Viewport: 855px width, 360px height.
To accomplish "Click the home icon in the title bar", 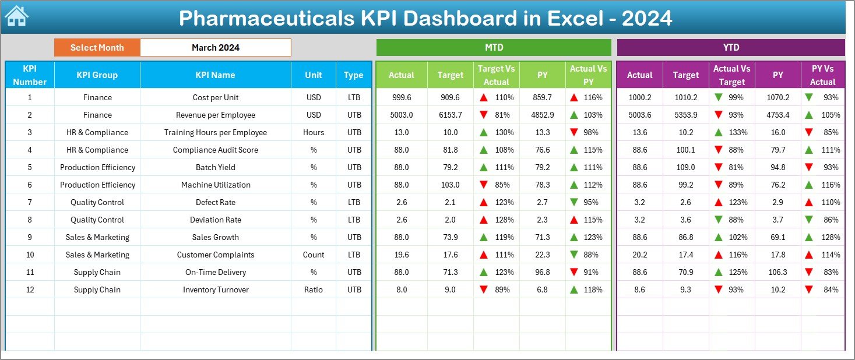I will pyautogui.click(x=16, y=17).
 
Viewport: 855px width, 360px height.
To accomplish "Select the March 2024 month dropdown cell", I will pyautogui.click(x=215, y=48).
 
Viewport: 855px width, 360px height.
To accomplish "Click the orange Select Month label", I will pyautogui.click(x=97, y=48).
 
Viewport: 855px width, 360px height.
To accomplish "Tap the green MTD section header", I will pyautogui.click(x=493, y=48).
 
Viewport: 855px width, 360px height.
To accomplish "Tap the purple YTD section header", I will pyautogui.click(x=730, y=48).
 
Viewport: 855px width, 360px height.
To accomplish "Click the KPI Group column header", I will pyautogui.click(x=97, y=75).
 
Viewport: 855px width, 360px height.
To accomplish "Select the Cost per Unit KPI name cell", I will pyautogui.click(x=215, y=98).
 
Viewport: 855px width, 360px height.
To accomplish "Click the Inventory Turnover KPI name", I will pyautogui.click(x=215, y=290).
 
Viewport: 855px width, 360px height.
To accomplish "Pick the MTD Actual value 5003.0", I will pyautogui.click(x=401, y=115).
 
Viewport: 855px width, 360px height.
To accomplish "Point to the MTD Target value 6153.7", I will pyautogui.click(x=450, y=115).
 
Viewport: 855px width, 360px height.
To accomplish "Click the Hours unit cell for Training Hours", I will pyautogui.click(x=314, y=133).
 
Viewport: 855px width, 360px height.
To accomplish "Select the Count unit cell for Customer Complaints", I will pyautogui.click(x=314, y=255).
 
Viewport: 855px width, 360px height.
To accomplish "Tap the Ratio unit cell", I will pyautogui.click(x=314, y=290).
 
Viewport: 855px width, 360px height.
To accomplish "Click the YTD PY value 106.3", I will pyautogui.click(x=777, y=273).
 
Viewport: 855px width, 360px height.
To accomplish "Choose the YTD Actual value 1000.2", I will pyautogui.click(x=639, y=98).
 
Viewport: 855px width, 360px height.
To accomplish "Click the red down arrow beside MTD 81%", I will pyautogui.click(x=484, y=115).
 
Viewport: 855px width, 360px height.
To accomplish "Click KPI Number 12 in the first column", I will pyautogui.click(x=30, y=290).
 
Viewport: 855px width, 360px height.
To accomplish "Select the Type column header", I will pyautogui.click(x=353, y=75).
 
